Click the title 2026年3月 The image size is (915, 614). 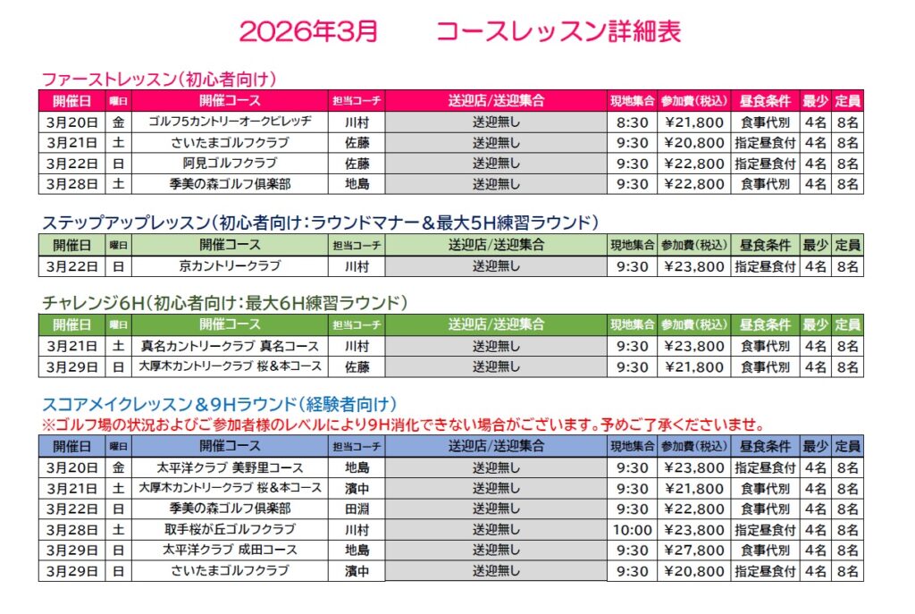pyautogui.click(x=308, y=31)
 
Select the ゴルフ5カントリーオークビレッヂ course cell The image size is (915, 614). pyautogui.click(x=230, y=121)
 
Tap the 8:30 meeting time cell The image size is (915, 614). pyautogui.click(x=633, y=121)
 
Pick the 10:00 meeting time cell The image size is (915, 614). pyautogui.click(x=633, y=529)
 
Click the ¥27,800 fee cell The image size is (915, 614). pyautogui.click(x=694, y=550)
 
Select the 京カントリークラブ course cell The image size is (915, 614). pyautogui.click(x=230, y=265)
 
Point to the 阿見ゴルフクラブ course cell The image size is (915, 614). pyautogui.click(x=230, y=164)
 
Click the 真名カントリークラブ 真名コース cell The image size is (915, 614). pyautogui.click(x=230, y=346)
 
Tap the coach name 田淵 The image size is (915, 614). pyautogui.click(x=357, y=509)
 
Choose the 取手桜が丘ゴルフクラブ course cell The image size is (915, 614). pyautogui.click(x=230, y=529)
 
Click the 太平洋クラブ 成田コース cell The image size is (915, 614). pyautogui.click(x=230, y=550)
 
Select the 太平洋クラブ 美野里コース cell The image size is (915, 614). pyautogui.click(x=230, y=467)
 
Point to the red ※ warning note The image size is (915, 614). pyautogui.click(x=403, y=425)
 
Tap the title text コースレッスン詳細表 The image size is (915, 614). pyautogui.click(x=558, y=31)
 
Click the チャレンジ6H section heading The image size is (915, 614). pyautogui.click(x=224, y=302)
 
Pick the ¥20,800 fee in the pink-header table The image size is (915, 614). pyautogui.click(x=694, y=142)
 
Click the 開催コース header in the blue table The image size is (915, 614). pyautogui.click(x=230, y=446)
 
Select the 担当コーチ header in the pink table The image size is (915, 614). pyautogui.click(x=357, y=100)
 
